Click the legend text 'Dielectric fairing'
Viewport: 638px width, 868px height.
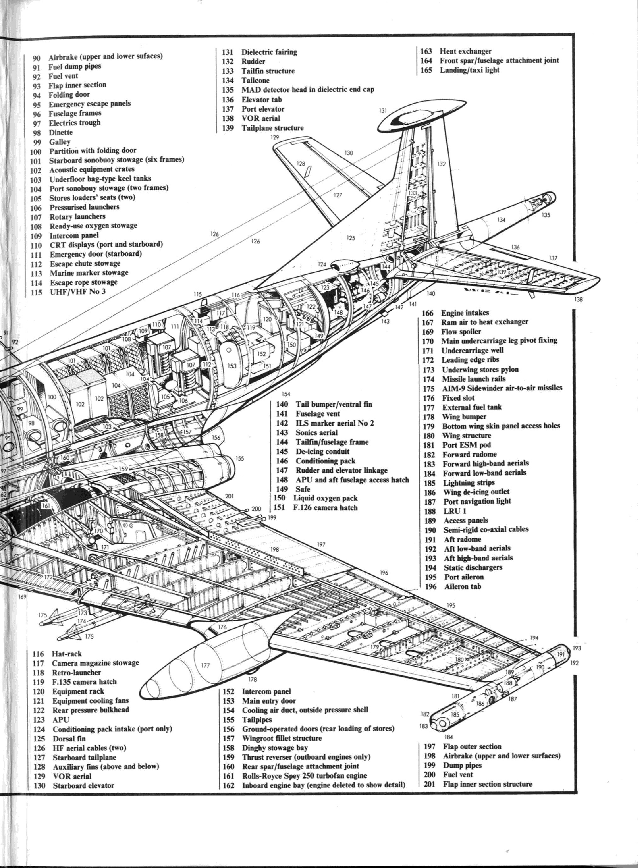coord(269,52)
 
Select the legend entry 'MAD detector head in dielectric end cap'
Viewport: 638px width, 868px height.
coord(308,89)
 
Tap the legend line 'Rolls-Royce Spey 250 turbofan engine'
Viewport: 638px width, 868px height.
coord(304,776)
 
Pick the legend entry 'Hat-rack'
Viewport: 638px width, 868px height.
coord(67,654)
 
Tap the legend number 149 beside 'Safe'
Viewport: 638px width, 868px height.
coord(282,489)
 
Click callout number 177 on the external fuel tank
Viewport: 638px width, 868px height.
coord(205,665)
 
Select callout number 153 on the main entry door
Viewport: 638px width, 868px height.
coord(232,366)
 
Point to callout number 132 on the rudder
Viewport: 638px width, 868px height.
coord(441,164)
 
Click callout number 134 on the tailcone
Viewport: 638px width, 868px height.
coord(501,220)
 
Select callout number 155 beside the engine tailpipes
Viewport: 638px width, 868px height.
coord(239,458)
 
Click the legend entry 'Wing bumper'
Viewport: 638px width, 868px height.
coord(464,417)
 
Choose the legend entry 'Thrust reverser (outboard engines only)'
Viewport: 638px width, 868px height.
coord(306,757)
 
